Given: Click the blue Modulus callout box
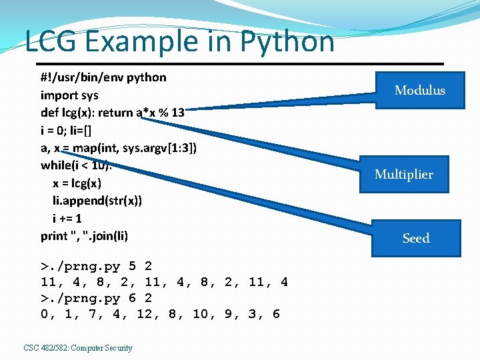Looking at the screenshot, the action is [419, 90].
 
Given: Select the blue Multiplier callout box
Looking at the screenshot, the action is [403, 174].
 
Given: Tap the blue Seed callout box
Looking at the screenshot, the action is [416, 238].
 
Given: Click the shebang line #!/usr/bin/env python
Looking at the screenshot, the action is [103, 77].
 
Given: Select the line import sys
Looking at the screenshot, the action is [69, 95].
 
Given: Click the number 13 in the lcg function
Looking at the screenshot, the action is [177, 113].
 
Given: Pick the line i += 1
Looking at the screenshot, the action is [67, 218].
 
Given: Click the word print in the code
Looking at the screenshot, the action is [54, 236].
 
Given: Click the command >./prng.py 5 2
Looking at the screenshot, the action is [97, 267].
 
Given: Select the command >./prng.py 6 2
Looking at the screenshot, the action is [97, 298].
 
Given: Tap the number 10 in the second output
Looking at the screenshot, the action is [200, 314].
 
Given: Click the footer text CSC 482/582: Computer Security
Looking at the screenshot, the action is [78, 347].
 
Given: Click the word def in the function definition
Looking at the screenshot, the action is [50, 113].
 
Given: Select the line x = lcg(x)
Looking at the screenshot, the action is [77, 183].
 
